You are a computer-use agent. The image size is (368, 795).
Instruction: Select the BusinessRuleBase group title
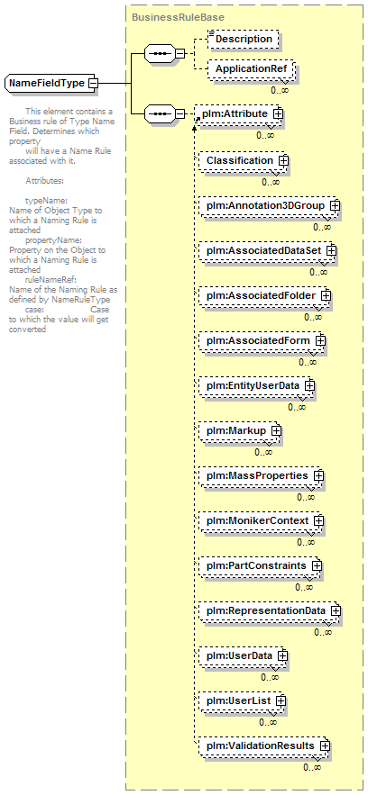tap(178, 17)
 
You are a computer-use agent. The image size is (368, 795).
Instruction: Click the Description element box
tap(244, 39)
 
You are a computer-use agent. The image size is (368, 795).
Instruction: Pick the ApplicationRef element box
tap(251, 68)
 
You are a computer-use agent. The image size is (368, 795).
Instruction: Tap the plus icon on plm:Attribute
tap(278, 114)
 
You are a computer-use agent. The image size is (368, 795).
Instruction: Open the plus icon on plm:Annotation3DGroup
tap(335, 206)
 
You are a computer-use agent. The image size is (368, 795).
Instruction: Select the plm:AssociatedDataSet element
tap(267, 251)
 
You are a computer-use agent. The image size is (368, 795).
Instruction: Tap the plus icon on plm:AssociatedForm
tap(320, 340)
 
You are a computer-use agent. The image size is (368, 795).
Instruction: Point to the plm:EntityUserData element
tap(256, 386)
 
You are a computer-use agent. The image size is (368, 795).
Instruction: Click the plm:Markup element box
tap(239, 431)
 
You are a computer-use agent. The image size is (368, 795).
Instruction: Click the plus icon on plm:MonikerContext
tap(318, 521)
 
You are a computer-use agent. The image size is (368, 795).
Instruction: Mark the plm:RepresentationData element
tap(269, 611)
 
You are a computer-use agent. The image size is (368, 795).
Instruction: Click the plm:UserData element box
tap(243, 656)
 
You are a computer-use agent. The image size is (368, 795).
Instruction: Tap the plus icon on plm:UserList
tap(281, 700)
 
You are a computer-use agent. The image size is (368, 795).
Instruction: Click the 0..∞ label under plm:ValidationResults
tap(312, 767)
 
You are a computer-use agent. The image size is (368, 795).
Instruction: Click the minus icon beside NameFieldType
tap(92, 83)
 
